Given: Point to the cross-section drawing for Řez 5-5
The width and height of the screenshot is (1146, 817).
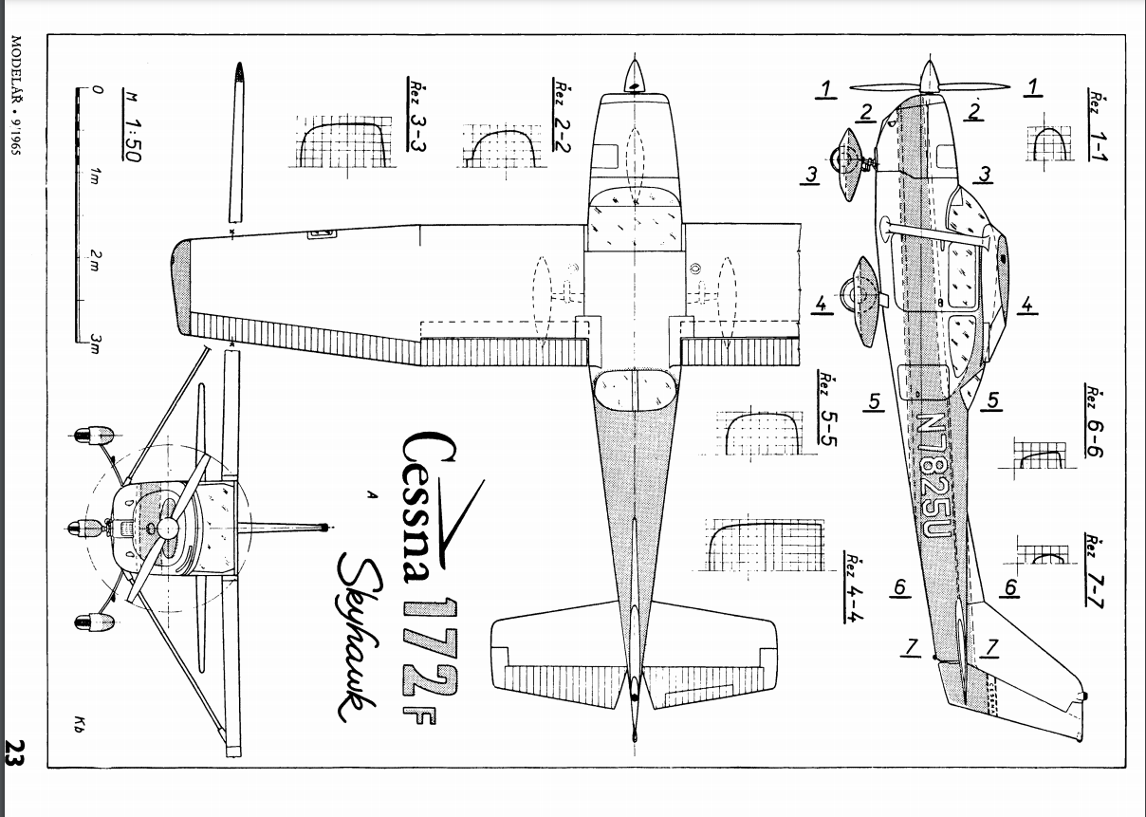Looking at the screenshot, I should [x=759, y=433].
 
